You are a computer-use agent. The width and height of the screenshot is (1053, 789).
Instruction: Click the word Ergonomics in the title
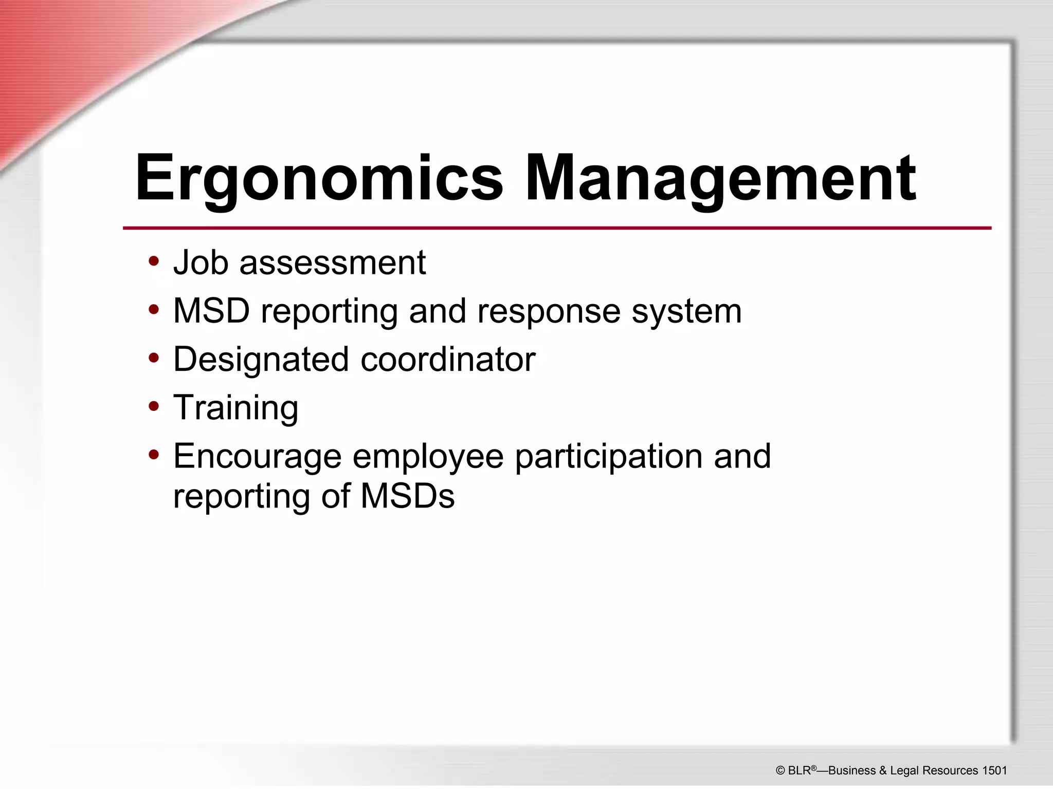pyautogui.click(x=319, y=178)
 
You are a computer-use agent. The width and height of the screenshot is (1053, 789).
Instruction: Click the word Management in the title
pyautogui.click(x=720, y=178)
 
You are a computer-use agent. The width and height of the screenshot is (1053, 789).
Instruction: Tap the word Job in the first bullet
pyautogui.click(x=201, y=262)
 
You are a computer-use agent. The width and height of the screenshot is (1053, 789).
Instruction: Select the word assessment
pyautogui.click(x=333, y=262)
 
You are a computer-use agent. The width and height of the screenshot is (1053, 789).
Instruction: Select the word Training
pyautogui.click(x=235, y=407)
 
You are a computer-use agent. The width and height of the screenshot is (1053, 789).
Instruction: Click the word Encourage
pyautogui.click(x=257, y=456)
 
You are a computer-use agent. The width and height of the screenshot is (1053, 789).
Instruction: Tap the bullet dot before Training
pyautogui.click(x=153, y=406)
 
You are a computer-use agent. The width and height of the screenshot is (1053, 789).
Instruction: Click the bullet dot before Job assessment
pyautogui.click(x=153, y=261)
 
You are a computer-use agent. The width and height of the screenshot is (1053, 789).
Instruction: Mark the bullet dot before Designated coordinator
pyautogui.click(x=153, y=358)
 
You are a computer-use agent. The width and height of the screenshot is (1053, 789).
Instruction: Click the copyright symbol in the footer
pyautogui.click(x=780, y=771)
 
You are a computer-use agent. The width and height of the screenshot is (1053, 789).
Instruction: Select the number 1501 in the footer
pyautogui.click(x=994, y=771)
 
